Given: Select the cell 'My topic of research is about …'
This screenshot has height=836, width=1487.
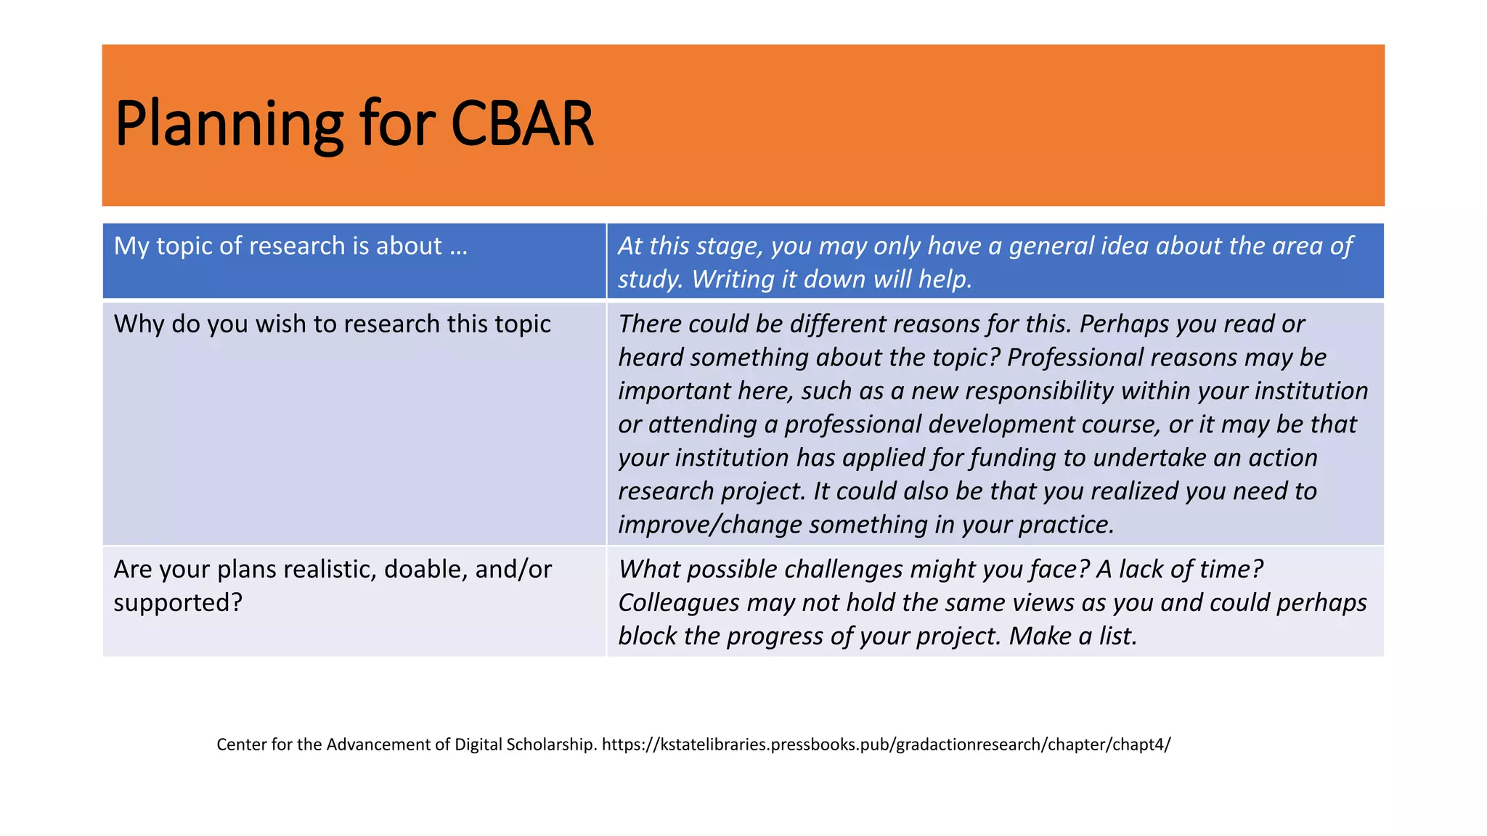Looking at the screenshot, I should (290, 246).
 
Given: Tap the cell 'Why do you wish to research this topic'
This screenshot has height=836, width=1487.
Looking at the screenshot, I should (332, 324).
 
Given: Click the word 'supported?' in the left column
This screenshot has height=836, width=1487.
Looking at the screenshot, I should (178, 602).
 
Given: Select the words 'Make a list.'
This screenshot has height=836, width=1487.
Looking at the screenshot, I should (1072, 636).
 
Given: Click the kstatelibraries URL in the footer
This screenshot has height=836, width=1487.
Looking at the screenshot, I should (886, 745).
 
